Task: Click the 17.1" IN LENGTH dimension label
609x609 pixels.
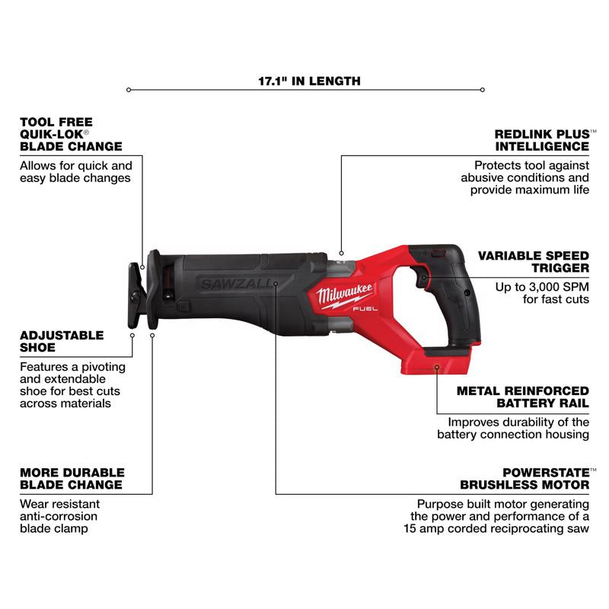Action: [x=304, y=80]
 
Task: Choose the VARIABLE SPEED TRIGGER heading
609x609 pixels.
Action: [x=533, y=262]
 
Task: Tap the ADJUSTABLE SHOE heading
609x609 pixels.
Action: [x=62, y=341]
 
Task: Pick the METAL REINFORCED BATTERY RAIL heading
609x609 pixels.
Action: [x=522, y=396]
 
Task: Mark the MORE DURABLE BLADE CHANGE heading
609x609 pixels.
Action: [x=72, y=478]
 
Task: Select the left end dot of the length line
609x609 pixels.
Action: [x=129, y=90]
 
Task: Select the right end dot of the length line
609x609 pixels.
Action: [x=483, y=90]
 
